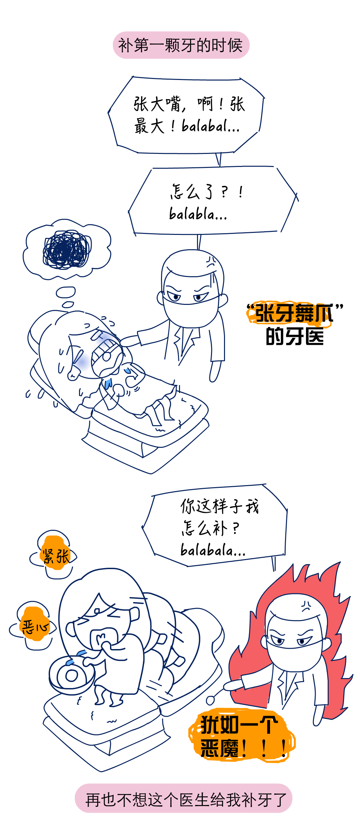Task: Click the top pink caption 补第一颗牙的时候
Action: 181,45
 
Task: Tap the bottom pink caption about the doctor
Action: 183,800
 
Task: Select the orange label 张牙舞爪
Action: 289,314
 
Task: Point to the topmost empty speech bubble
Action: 186,115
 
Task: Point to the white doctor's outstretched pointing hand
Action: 233,684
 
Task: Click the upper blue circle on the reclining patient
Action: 104,338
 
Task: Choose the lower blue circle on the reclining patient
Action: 82,362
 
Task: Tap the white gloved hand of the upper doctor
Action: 127,342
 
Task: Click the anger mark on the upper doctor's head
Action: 211,263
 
